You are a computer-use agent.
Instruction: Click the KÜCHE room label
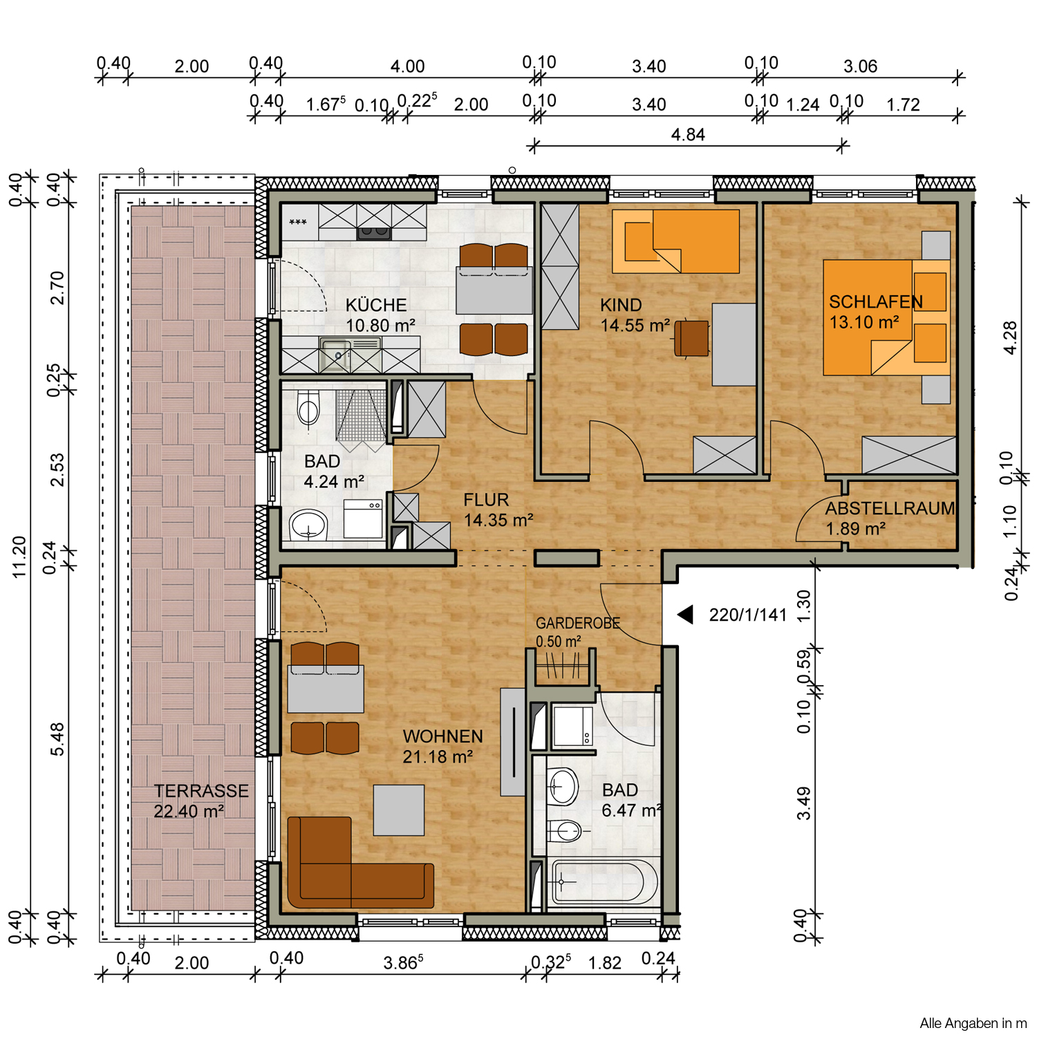click(x=376, y=305)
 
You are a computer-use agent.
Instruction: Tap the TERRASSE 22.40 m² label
click(x=200, y=801)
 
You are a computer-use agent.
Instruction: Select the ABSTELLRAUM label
click(x=890, y=508)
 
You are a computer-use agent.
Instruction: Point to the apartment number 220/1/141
click(x=748, y=615)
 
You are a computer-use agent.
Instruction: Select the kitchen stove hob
click(x=374, y=233)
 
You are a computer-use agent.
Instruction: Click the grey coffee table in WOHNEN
click(x=399, y=810)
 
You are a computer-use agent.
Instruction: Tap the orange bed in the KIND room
click(x=675, y=241)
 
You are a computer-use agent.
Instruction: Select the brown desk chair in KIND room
click(x=691, y=338)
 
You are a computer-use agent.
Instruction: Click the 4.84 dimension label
click(x=688, y=135)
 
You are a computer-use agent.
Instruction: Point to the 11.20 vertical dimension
click(x=19, y=557)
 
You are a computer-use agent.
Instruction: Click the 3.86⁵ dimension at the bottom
click(x=403, y=962)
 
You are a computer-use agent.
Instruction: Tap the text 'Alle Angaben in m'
click(x=973, y=1023)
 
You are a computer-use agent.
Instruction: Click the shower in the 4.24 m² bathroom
click(x=361, y=419)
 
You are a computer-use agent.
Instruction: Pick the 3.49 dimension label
click(x=803, y=803)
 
